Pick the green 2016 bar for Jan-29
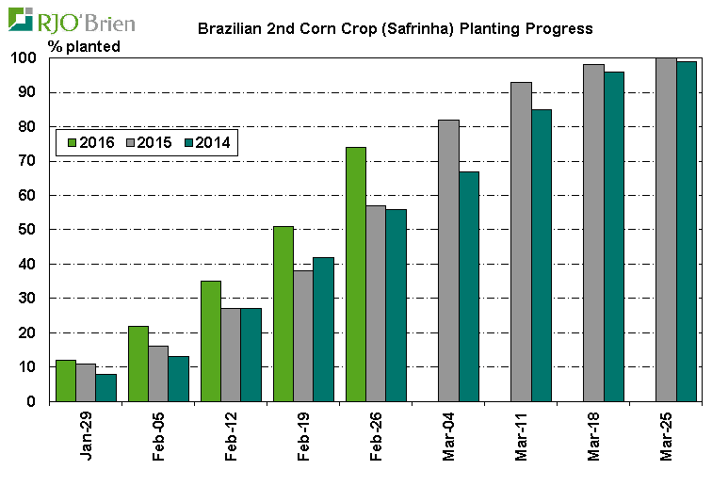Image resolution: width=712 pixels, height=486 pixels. (x=66, y=381)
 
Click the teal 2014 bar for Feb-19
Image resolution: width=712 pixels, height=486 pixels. (x=323, y=329)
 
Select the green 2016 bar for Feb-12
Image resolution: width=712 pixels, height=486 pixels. (x=211, y=341)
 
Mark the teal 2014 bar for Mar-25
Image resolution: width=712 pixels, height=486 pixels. (x=686, y=231)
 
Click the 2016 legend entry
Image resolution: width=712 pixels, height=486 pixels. (x=89, y=142)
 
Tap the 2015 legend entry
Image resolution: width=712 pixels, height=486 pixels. (x=148, y=142)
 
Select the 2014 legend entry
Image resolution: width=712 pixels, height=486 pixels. (x=207, y=142)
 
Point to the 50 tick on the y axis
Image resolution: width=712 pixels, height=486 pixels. (x=36, y=230)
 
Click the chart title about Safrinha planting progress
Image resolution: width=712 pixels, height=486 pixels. (x=395, y=28)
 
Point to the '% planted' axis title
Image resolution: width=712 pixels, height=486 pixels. (x=84, y=46)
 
